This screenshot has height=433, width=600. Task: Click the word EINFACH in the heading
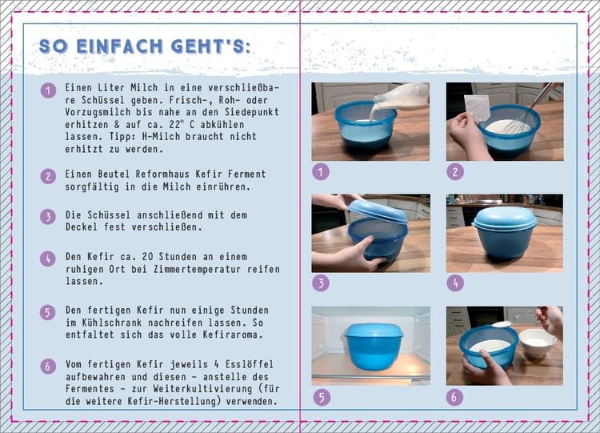point(119,46)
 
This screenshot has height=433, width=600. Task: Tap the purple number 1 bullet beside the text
point(48,90)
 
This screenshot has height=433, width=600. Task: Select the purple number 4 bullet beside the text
point(48,259)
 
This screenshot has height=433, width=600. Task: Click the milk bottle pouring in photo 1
point(401,96)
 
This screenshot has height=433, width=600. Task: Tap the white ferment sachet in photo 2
point(477,107)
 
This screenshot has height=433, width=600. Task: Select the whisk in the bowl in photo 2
point(529,110)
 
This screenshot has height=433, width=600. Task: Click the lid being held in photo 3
point(378,211)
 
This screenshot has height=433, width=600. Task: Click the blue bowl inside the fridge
point(374,346)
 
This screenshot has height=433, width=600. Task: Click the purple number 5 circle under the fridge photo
point(322,398)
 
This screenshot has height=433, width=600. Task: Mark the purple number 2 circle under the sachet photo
point(455,172)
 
